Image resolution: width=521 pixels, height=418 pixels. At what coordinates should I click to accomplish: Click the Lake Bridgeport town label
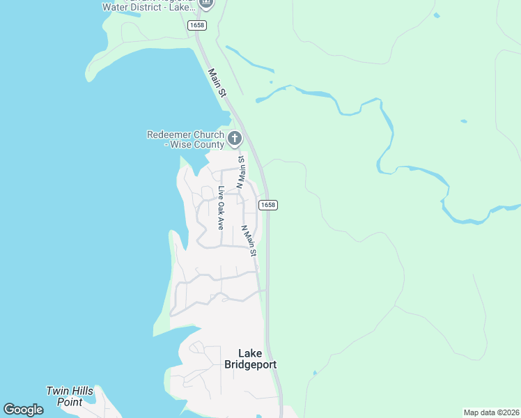[x=250, y=359]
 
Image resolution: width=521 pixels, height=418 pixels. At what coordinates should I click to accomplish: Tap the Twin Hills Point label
[x=70, y=396]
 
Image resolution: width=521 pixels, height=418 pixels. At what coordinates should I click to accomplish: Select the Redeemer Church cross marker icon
[x=235, y=138]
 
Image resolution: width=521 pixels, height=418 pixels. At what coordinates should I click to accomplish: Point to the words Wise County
[x=196, y=145]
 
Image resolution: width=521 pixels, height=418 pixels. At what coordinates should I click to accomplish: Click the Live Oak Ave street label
[x=220, y=208]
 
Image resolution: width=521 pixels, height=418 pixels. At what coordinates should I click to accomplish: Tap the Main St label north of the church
[x=217, y=82]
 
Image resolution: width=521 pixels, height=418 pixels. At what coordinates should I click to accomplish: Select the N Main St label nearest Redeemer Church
[x=241, y=171]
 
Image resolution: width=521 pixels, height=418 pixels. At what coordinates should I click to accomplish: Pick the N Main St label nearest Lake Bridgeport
[x=249, y=240]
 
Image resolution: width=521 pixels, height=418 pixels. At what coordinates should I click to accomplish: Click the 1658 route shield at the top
[x=196, y=25]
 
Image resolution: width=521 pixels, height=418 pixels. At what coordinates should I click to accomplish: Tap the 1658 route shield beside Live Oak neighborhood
[x=267, y=205]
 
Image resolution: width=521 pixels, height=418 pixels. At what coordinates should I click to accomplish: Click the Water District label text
[x=146, y=7]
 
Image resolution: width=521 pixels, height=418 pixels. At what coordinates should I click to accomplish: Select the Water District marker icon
[x=205, y=3]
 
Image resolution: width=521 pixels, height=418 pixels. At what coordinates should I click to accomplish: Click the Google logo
[x=23, y=410]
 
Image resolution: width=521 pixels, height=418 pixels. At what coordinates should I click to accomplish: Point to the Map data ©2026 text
[x=491, y=412]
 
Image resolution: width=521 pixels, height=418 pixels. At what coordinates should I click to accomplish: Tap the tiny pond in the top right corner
[x=437, y=15]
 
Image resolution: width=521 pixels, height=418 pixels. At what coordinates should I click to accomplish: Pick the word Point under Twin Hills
[x=70, y=402]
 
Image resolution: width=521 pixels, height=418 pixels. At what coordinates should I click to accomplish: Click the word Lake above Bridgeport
[x=250, y=353]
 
